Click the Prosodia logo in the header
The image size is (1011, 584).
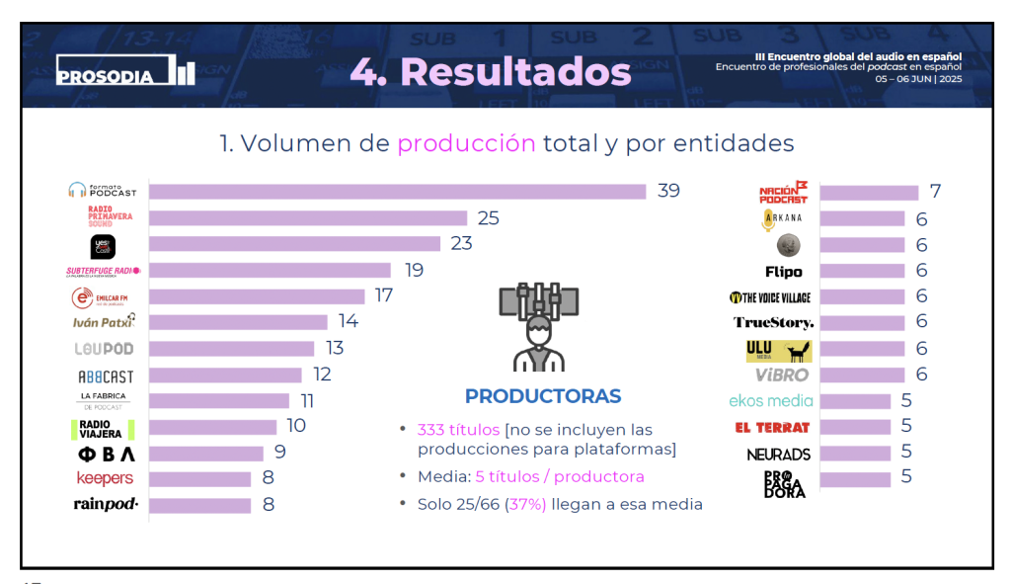click(125, 72)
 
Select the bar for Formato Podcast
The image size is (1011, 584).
click(396, 192)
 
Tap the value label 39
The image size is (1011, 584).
click(668, 191)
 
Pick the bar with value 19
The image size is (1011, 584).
click(270, 270)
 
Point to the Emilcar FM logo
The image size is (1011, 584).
click(103, 296)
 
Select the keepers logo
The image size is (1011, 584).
click(105, 478)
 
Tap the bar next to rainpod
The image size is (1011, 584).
click(199, 505)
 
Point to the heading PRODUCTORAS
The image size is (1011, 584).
click(543, 397)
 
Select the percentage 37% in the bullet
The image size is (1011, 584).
click(522, 504)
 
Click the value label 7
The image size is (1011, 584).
click(935, 192)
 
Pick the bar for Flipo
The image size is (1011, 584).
click(861, 271)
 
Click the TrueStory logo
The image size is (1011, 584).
click(774, 322)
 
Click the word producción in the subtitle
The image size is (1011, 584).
click(466, 143)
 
